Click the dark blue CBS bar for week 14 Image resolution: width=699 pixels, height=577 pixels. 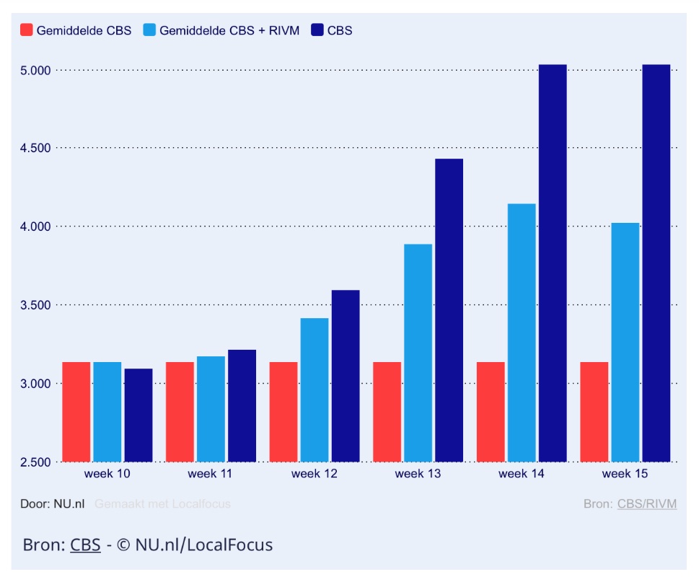[553, 263]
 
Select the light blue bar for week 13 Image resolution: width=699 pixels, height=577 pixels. [418, 353]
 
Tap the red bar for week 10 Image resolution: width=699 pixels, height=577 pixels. [76, 412]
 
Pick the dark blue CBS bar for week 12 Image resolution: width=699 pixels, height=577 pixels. [345, 376]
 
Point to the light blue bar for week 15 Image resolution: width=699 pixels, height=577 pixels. [625, 342]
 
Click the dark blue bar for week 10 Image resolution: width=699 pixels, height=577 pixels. [138, 415]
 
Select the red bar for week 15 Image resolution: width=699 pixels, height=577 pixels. [594, 412]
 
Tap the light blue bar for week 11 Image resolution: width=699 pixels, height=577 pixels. [211, 409]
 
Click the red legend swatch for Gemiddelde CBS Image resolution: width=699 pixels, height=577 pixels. [27, 30]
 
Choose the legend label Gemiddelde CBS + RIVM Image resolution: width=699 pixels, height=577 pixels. [229, 30]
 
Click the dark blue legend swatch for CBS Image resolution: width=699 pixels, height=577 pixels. [317, 30]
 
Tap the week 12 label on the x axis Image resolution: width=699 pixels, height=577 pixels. [314, 474]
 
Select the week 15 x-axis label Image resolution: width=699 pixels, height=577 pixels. [625, 474]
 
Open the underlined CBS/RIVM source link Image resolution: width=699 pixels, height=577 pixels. [647, 503]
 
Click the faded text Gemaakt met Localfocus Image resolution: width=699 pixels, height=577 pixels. [162, 503]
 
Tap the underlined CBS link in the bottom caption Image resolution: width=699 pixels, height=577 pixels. [85, 545]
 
